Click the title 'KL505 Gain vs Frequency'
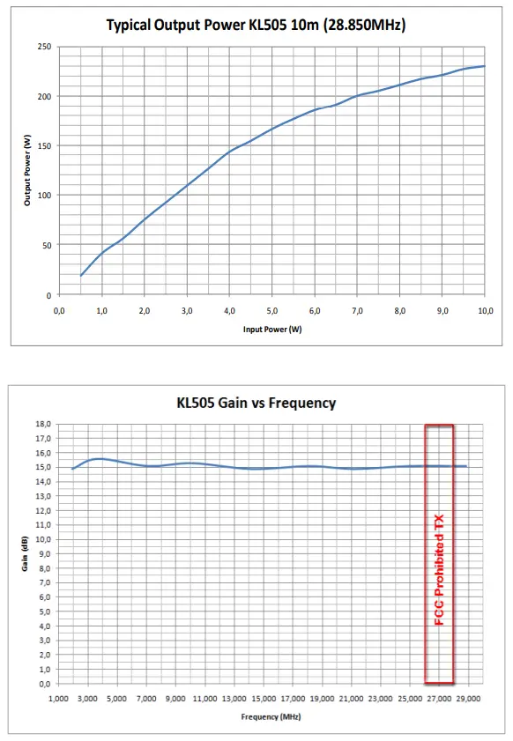pos(256,403)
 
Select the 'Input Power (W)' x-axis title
pos(271,329)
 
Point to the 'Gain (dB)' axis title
pos(26,553)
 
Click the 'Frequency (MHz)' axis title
pos(271,716)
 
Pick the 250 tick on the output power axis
pos(44,47)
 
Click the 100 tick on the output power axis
pos(44,196)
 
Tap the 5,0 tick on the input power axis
pos(271,310)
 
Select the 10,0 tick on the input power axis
pos(485,310)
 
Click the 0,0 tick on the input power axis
pos(59,310)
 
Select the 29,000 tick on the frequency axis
pos(468,698)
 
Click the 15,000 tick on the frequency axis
pos(263,698)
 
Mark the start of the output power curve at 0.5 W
pos(81,276)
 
